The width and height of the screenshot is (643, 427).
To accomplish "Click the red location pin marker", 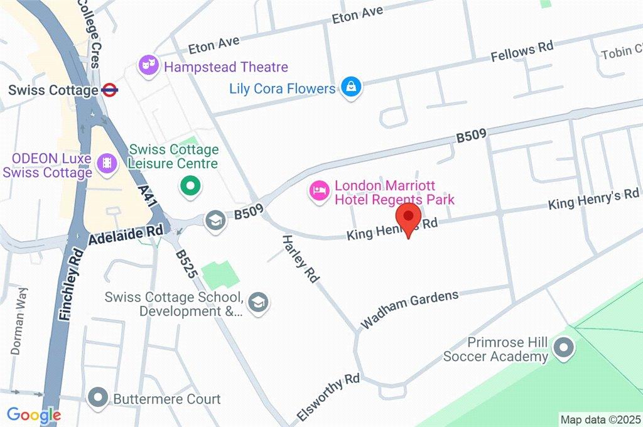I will pos(409,217).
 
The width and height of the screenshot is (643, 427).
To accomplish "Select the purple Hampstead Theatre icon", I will pos(148,66).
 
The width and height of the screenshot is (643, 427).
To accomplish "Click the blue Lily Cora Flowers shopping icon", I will pos(349,88).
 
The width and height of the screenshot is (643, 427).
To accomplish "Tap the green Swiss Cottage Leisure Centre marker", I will pos(189,185).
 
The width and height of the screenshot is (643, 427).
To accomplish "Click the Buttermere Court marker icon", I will pos(98,397).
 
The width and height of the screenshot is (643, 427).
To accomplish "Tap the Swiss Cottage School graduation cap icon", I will pos(257,303).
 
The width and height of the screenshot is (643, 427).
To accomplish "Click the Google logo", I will pos(34,415).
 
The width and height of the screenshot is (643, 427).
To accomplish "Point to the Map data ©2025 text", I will pos(600,419).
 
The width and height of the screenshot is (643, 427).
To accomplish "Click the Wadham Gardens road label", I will pos(409,310).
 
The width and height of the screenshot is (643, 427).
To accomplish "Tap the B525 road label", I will pos(186,264).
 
